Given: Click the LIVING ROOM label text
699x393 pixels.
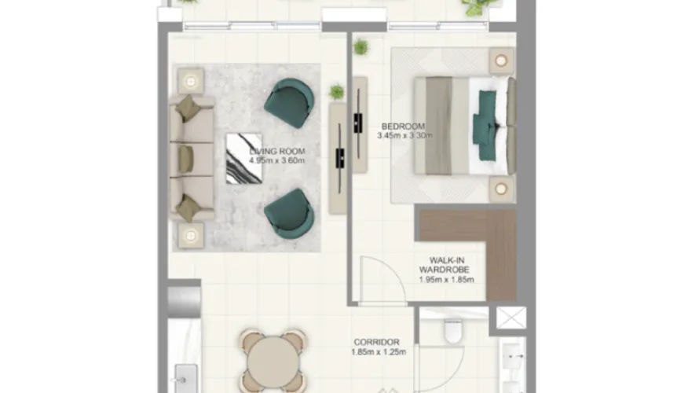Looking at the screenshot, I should pos(277,152).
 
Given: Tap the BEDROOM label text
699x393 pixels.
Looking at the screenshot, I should pos(403,126).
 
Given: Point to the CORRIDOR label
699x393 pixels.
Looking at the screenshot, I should pos(377,342).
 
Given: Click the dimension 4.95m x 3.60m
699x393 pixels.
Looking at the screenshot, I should pos(276,161).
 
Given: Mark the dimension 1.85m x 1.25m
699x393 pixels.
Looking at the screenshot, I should pos(377,352).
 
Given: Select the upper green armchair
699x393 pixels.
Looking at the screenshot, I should pos(288,103).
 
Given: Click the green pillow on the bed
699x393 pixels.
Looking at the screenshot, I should pos(485,118).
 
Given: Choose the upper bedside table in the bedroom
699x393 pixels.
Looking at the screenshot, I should pos(501,60).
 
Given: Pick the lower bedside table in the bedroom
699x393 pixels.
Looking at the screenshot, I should pos(501,189).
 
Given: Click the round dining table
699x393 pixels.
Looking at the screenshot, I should pos(273,363).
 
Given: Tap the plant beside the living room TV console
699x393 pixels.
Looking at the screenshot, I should pos(337,92).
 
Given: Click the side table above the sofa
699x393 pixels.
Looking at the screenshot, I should pos(190,79).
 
